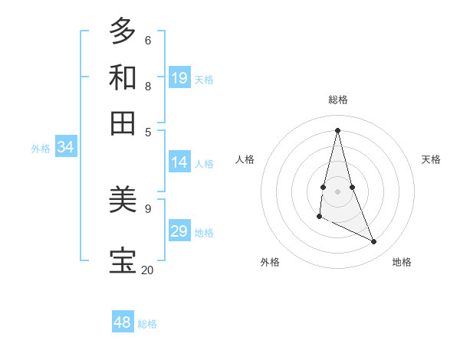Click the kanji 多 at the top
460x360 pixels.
click(x=123, y=31)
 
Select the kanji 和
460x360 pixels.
click(x=123, y=77)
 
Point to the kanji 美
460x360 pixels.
click(x=123, y=200)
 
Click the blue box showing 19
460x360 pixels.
click(x=179, y=78)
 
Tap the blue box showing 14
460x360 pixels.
click(x=179, y=162)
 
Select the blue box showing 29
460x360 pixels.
click(x=179, y=231)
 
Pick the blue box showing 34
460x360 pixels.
click(x=65, y=148)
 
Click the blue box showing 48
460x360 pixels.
click(x=123, y=322)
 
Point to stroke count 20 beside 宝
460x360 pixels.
click(x=147, y=270)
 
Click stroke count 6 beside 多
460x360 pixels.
click(x=147, y=40)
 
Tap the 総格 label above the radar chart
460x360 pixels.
click(x=338, y=100)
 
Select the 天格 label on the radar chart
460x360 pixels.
click(x=431, y=159)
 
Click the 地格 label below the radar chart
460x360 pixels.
click(x=402, y=262)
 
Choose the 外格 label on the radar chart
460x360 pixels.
click(x=270, y=262)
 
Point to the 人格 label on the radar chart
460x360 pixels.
click(x=245, y=159)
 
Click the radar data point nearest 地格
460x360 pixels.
click(x=374, y=242)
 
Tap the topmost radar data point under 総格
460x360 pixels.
click(x=338, y=129)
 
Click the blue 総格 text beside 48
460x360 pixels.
click(x=147, y=324)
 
